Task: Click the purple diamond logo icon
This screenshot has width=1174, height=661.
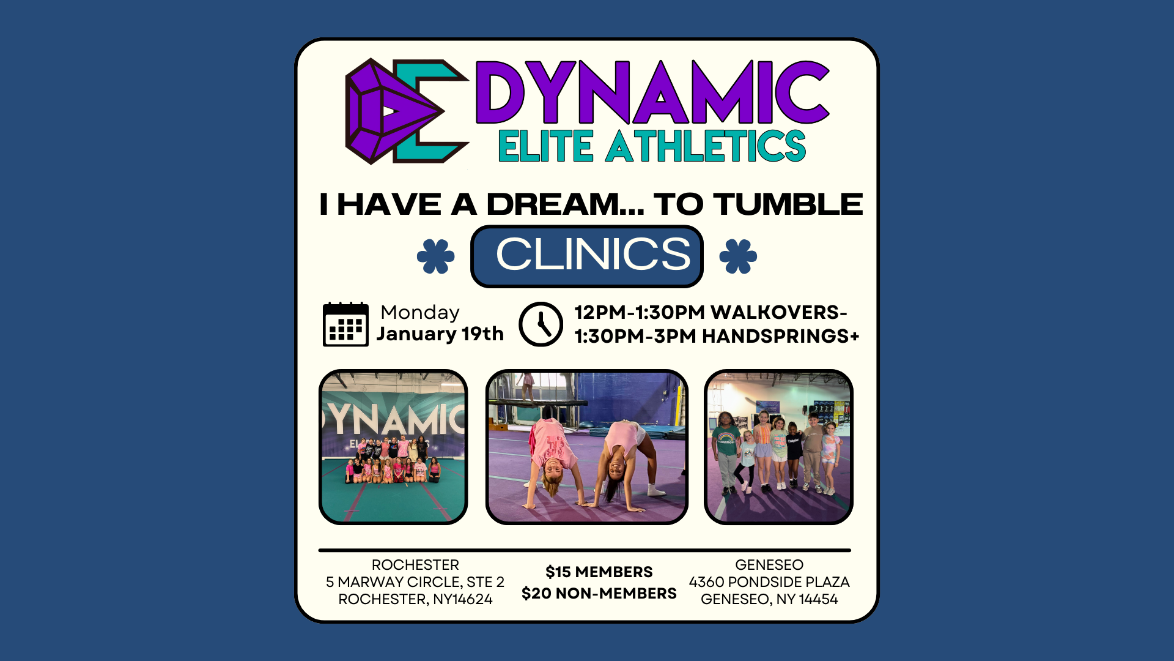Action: [x=394, y=111]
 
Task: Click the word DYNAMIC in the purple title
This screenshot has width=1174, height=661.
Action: [x=652, y=92]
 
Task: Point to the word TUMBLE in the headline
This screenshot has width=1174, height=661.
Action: [x=788, y=204]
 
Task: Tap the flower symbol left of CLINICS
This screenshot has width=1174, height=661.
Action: [x=436, y=256]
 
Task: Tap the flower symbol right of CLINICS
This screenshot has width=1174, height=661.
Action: [x=738, y=256]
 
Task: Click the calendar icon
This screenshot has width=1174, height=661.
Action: [x=345, y=324]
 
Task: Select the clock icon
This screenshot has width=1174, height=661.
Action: [x=541, y=324]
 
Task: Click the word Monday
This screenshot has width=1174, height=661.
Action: [x=420, y=313]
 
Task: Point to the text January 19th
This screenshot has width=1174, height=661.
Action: [x=440, y=334]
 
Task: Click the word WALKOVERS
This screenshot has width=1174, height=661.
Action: [x=775, y=312]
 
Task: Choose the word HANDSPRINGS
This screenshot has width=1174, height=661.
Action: [x=775, y=336]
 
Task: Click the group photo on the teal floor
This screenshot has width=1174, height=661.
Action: [x=393, y=447]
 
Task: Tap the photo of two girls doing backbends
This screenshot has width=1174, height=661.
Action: [x=587, y=447]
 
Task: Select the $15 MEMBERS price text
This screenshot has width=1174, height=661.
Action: [x=599, y=572]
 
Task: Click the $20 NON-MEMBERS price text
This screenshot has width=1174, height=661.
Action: [x=599, y=593]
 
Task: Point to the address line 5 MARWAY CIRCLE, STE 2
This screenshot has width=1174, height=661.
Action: [x=415, y=582]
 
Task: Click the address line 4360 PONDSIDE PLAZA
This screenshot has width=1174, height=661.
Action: [x=769, y=582]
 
